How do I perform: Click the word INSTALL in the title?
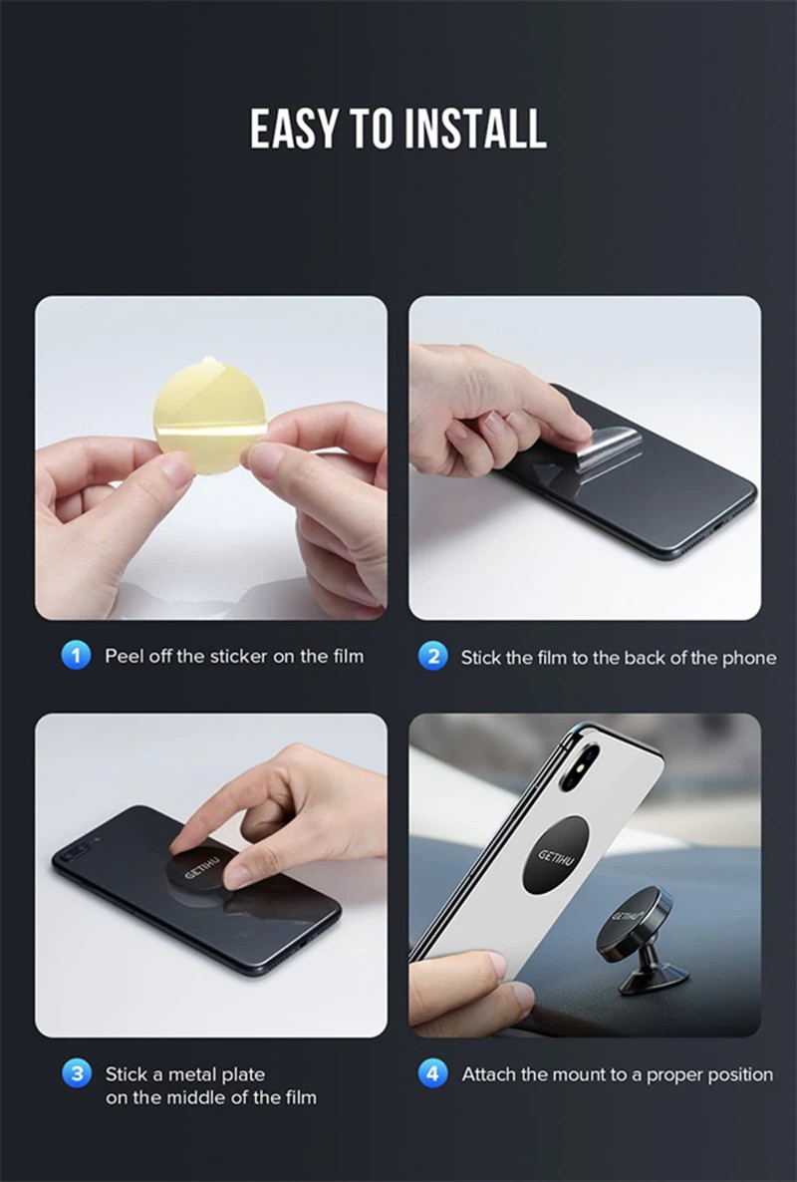click(x=475, y=129)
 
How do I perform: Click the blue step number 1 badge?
click(x=76, y=655)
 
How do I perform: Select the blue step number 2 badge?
click(x=433, y=656)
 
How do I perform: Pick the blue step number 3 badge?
click(x=76, y=1073)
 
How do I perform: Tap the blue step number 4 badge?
click(x=433, y=1073)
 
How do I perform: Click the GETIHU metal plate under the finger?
click(x=199, y=874)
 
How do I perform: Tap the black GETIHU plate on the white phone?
click(x=555, y=855)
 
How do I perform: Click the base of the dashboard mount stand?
click(x=654, y=979)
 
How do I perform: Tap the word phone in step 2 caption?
click(x=749, y=658)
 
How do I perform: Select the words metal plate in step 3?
click(x=216, y=1074)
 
